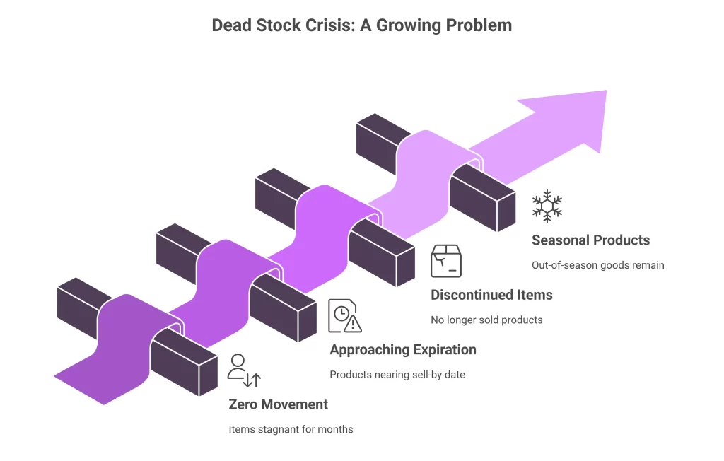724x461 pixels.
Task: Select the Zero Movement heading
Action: [279, 404]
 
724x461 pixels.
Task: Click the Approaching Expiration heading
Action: [403, 349]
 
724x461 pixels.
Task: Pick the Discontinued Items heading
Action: [492, 295]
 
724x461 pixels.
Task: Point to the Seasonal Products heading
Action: [590, 240]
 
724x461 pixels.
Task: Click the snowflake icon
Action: [547, 206]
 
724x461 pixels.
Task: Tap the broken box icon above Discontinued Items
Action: [446, 261]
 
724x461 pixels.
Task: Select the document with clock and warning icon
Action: [344, 315]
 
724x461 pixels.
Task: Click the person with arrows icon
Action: [244, 370]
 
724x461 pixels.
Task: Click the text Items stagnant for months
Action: [291, 429]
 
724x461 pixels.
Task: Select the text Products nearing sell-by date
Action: [397, 374]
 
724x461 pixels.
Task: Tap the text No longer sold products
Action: [486, 320]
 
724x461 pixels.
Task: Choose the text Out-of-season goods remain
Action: [598, 265]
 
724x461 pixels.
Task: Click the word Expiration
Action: [444, 349]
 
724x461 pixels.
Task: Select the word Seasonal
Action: [561, 240]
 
